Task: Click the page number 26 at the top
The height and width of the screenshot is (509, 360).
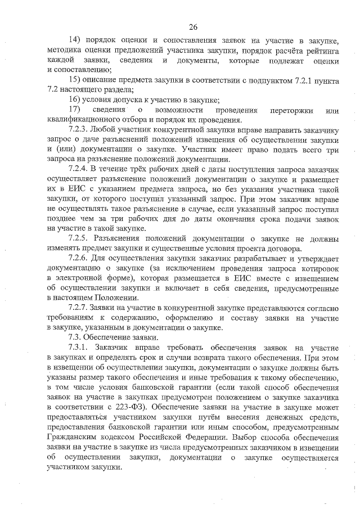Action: [x=192, y=26]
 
